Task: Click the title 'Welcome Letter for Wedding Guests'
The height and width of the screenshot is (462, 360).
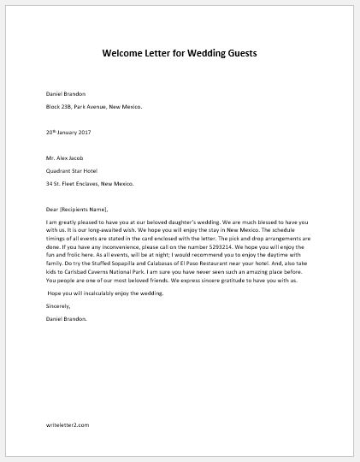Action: click(180, 53)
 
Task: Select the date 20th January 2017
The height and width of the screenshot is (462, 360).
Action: click(69, 132)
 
